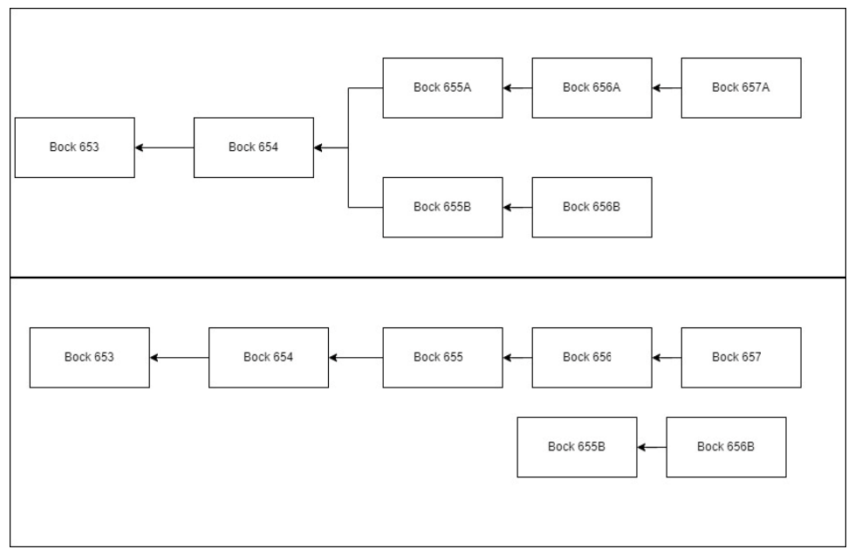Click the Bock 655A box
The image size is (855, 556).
click(442, 87)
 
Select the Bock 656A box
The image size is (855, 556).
click(592, 87)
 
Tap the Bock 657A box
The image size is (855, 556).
click(741, 87)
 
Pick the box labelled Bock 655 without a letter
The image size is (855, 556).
click(442, 357)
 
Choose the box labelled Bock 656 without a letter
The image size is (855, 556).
click(592, 357)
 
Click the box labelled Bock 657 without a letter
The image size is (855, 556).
click(741, 357)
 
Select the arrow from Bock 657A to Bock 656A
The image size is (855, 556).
click(667, 87)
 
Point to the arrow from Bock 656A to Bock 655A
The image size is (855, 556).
click(517, 87)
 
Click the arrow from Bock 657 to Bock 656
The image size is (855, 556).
click(667, 357)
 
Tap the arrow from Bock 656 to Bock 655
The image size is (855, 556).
click(517, 357)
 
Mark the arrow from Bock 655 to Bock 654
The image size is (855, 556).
click(356, 357)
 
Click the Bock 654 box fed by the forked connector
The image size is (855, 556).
click(253, 148)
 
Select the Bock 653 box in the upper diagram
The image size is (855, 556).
click(74, 148)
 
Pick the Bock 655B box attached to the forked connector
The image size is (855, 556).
click(442, 207)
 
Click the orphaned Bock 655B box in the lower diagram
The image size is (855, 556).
click(577, 447)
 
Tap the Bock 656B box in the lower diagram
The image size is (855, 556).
click(726, 447)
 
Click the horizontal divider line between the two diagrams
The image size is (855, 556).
click(427, 278)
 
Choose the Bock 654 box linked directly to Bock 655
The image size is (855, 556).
click(268, 357)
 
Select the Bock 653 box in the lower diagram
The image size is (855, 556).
click(89, 357)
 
